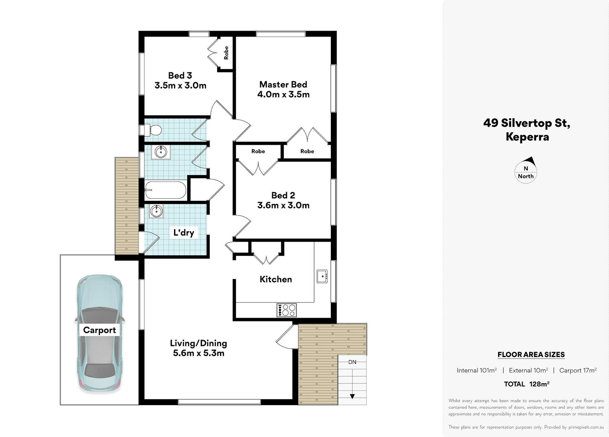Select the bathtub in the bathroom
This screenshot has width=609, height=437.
coord(165,190)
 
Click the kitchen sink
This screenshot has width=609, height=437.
coord(322,276)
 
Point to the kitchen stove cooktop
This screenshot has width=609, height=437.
coord(287,310)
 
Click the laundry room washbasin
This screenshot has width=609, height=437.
coord(156,211)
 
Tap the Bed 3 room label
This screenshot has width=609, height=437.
coord(180,75)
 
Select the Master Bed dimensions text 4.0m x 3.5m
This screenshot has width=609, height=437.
coord(283,94)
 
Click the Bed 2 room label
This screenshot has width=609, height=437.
coord(283,195)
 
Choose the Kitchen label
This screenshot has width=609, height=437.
coord(276,279)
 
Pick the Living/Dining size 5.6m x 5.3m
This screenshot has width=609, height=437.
coord(199,353)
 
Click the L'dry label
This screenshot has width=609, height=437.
coord(184,232)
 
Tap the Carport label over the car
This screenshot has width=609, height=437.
coord(100,330)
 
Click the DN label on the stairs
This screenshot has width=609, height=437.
coord(352,362)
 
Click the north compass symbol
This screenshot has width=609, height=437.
coord(526,170)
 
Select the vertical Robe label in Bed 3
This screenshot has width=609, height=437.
coord(226,53)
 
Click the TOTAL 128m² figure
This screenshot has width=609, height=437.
coord(527,384)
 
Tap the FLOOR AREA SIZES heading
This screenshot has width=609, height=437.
coord(531,355)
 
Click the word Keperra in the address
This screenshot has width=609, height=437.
coord(527,137)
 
